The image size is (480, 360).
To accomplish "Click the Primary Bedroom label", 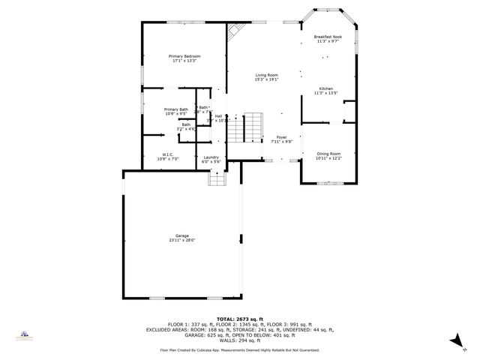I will [184, 56].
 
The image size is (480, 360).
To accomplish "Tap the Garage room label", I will [182, 235].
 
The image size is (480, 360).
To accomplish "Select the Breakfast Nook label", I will [328, 37].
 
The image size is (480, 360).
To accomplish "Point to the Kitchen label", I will [328, 88].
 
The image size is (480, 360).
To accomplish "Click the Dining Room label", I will [328, 154].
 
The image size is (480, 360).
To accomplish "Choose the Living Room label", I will [266, 75].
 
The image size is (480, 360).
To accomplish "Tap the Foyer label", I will [281, 137].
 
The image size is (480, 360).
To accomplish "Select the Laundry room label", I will [211, 157].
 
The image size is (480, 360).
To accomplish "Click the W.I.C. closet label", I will [168, 154].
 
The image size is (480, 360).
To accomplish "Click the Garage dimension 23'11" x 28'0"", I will [182, 240].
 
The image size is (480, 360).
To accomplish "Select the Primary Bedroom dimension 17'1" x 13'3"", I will [184, 61].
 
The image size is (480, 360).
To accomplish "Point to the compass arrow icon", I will [454, 340].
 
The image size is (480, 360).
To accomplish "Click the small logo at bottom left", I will [25, 335].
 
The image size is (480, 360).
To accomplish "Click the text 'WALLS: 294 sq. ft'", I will [240, 341].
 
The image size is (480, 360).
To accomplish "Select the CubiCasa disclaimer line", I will [240, 350].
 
